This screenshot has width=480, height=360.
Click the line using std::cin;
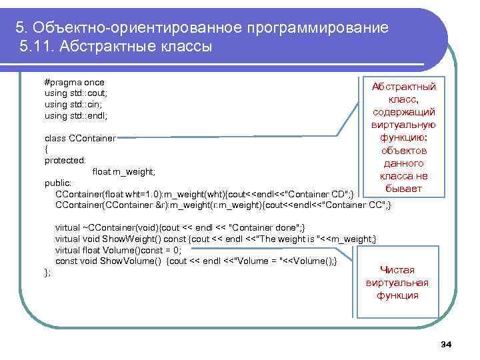pyautogui.click(x=73, y=104)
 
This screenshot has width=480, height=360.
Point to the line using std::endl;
pyautogui.click(x=75, y=115)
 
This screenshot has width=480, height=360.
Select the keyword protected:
pyautogui.click(x=65, y=160)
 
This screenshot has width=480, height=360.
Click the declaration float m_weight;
pyautogui.click(x=123, y=171)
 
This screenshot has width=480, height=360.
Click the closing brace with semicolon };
pyautogui.click(x=47, y=271)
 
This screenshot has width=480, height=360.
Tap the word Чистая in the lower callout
pyautogui.click(x=397, y=270)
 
